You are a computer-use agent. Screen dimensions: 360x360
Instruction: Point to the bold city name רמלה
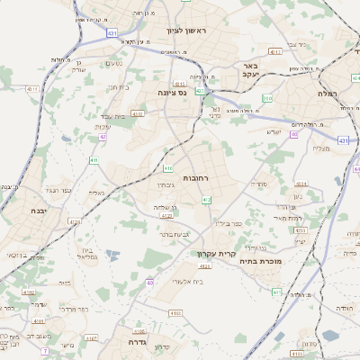pos(326,93)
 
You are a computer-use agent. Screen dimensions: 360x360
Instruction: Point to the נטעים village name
pos(113,63)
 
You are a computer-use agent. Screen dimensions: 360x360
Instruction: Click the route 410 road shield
pos(168,167)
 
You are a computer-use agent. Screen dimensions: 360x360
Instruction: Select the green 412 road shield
pos(207,200)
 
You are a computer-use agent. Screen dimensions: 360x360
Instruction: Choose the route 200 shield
pos(267,97)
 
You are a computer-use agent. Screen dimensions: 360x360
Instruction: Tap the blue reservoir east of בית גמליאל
pos(112,256)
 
